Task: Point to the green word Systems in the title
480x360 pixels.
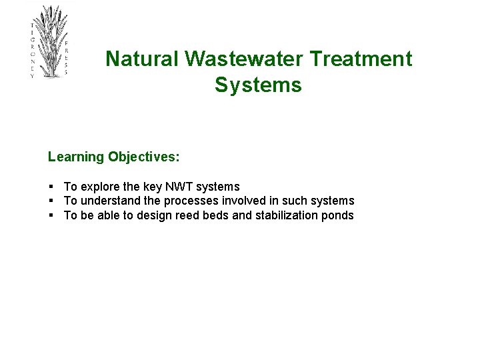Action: (258, 85)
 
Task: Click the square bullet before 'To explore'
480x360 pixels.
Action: (51, 187)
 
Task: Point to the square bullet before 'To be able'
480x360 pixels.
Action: (51, 215)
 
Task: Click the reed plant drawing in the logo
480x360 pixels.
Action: (49, 40)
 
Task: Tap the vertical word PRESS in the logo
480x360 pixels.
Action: (66, 57)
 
